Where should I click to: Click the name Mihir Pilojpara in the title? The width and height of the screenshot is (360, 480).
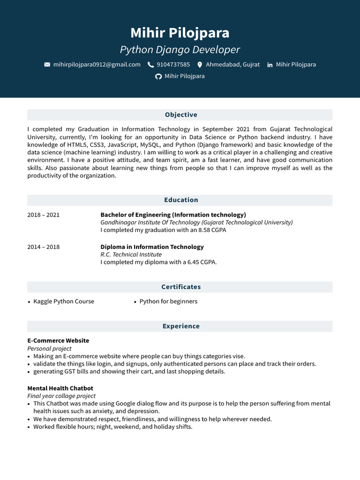(x=180, y=33)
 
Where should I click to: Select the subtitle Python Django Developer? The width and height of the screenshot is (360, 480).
(x=180, y=50)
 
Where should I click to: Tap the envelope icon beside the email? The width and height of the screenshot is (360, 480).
(x=47, y=65)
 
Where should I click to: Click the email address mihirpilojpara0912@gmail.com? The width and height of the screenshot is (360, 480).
(x=97, y=65)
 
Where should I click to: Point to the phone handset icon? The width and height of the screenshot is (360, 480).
(x=150, y=65)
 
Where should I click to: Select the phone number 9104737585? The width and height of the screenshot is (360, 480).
(x=173, y=65)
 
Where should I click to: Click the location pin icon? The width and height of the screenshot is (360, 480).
(x=200, y=65)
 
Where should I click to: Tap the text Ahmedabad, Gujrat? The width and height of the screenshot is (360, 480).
(x=232, y=65)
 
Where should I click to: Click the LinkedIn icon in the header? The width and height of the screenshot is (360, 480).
(x=270, y=65)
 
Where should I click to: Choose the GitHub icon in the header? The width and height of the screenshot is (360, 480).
(x=158, y=76)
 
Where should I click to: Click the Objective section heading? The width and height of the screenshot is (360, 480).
(x=181, y=115)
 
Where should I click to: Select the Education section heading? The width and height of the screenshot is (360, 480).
(x=181, y=200)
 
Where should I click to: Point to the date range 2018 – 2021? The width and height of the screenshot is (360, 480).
(x=44, y=215)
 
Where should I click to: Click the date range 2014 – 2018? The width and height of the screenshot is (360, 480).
(x=44, y=247)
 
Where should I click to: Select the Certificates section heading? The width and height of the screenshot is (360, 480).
(x=181, y=287)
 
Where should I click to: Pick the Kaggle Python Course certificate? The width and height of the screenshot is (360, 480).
(x=64, y=301)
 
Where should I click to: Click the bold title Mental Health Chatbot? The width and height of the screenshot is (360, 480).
(x=60, y=388)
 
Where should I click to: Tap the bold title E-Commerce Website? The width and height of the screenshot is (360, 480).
(x=58, y=341)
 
